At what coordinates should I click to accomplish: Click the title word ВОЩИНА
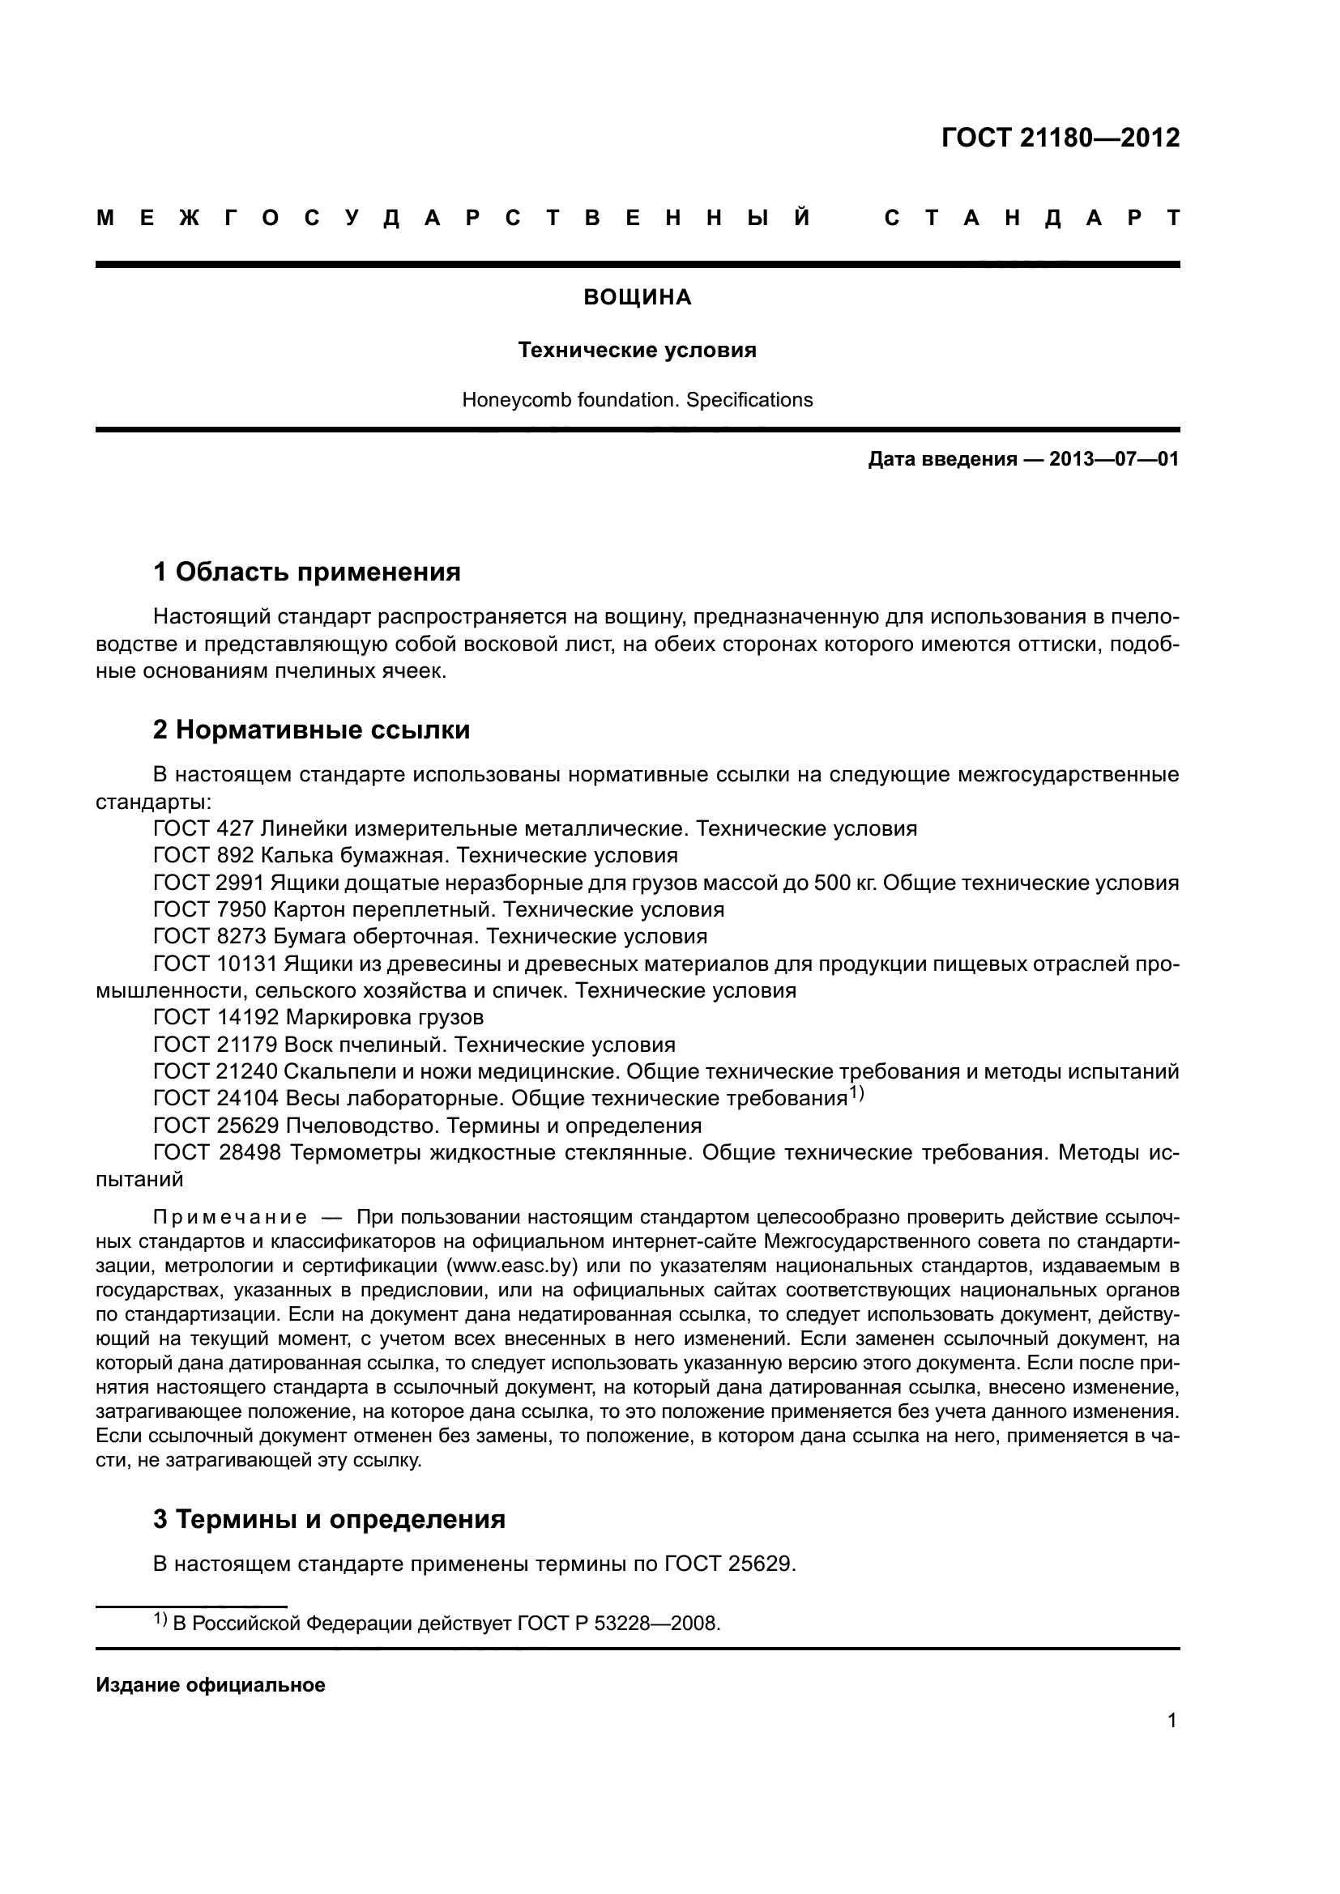pos(637,298)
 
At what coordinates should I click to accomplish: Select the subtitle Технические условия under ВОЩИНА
pos(637,351)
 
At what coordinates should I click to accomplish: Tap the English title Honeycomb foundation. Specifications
pos(637,400)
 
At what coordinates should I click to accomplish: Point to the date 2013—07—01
pos(1113,459)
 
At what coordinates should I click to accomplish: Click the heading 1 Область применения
pos(307,572)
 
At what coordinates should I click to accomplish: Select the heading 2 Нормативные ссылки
pos(311,730)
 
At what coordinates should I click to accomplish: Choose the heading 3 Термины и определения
pos(329,1518)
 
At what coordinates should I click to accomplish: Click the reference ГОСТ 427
pos(203,828)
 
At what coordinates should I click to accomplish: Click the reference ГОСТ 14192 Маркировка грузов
pos(318,1017)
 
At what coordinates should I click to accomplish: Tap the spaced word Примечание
pos(230,1218)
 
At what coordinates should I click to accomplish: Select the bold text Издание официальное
pos(211,1685)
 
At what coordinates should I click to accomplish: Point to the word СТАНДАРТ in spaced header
pos(1031,219)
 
